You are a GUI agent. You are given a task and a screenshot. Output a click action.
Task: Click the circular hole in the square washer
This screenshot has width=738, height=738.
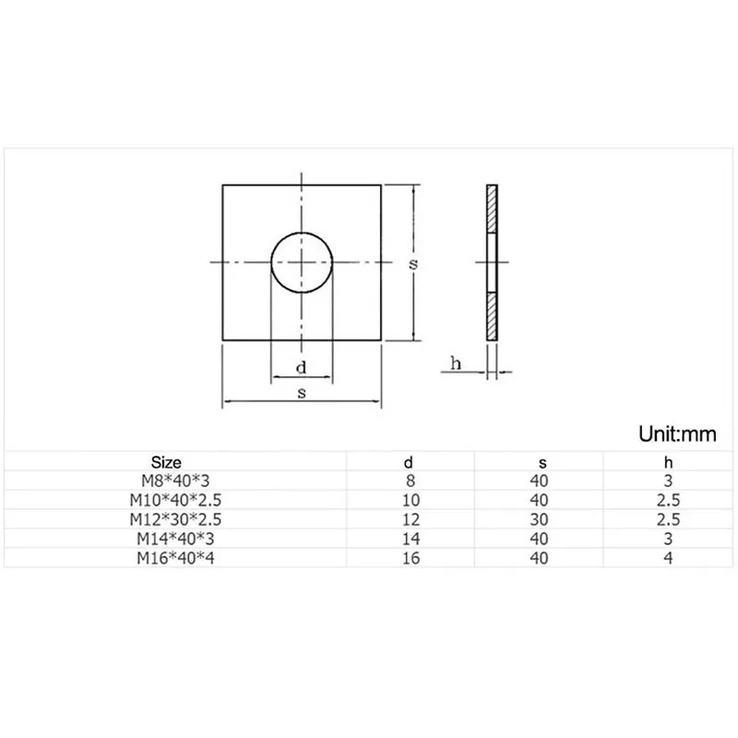(x=302, y=262)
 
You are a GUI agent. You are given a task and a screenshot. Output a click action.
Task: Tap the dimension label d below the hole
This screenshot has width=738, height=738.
(x=302, y=368)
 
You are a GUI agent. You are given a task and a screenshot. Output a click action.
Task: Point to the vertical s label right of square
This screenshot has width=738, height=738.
(x=414, y=263)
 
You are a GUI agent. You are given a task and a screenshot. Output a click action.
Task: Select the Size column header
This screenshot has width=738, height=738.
(x=166, y=462)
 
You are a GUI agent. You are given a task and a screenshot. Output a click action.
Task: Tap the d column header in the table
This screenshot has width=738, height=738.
(x=411, y=462)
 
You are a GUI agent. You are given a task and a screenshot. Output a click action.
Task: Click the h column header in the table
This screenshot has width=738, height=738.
(x=668, y=462)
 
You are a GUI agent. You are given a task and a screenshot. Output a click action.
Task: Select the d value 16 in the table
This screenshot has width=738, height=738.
(x=411, y=558)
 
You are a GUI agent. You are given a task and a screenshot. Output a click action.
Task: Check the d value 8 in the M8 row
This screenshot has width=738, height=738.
(x=411, y=481)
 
